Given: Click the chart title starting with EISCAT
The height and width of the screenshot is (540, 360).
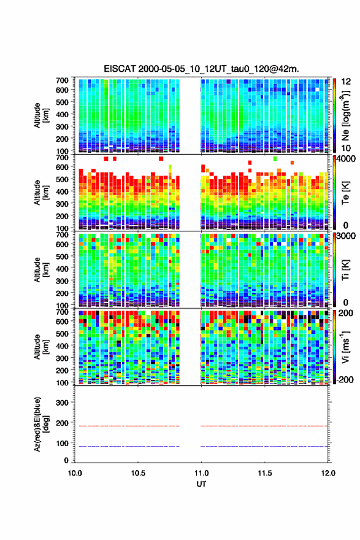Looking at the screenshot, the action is pos(201,69).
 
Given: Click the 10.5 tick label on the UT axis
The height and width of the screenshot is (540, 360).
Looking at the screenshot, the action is pos(137,473).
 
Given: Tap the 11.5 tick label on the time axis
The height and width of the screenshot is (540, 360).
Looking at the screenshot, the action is pos(264,473).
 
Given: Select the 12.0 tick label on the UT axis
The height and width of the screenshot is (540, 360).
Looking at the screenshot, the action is pos(328,473).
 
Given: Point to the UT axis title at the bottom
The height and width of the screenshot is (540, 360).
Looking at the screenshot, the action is pos(201,484).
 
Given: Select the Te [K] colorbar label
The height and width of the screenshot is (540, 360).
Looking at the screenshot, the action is pos(345,193).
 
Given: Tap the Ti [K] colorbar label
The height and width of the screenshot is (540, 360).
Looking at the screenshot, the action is pos(345,270).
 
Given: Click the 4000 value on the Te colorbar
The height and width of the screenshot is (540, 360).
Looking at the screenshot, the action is pos(347,159).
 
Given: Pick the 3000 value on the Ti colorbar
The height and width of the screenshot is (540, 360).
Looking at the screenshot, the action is pos(347,236).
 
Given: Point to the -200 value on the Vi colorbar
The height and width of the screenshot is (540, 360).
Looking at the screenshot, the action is pos(343,379).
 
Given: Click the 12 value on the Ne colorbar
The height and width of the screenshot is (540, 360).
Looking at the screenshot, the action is pos(347,82).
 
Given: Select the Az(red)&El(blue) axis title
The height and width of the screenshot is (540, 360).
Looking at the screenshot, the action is pos(41,424).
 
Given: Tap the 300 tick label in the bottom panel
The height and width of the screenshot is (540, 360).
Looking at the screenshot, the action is pos(62,403).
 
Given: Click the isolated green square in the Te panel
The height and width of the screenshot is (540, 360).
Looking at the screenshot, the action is pos(275,158).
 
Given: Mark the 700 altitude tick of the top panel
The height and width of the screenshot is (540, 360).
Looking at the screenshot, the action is pos(62,80).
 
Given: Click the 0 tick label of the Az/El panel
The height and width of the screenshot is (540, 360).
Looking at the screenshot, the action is pos(66,460).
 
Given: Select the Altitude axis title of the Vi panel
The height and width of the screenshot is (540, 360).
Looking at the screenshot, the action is pos(41,347).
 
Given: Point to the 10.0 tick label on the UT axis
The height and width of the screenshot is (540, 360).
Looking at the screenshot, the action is pos(75,473).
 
